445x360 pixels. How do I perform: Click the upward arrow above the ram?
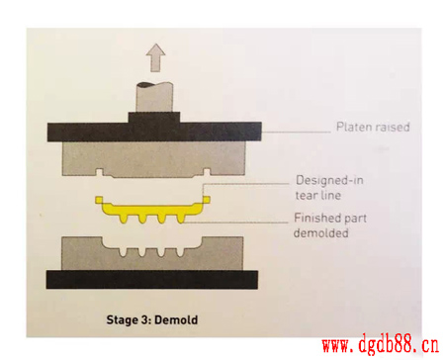click(x=155, y=57)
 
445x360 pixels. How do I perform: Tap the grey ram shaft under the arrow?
click(x=154, y=97)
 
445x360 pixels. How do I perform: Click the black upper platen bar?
click(x=154, y=132)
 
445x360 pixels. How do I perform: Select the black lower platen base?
click(x=152, y=280)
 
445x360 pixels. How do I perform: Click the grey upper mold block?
click(x=153, y=158)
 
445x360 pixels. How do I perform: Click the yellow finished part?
click(x=152, y=210)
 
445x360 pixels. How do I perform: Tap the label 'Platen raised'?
click(x=373, y=127)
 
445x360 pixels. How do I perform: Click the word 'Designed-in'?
click(x=329, y=180)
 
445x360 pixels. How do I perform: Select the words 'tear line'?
click(x=318, y=195)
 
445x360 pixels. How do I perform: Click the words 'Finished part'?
click(x=330, y=218)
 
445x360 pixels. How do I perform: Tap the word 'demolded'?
click(x=320, y=233)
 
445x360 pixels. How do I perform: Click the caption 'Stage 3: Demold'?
click(x=152, y=319)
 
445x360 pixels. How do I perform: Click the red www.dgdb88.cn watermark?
click(x=381, y=346)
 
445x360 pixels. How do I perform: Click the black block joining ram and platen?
click(x=154, y=118)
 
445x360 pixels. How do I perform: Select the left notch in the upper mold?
click(x=100, y=172)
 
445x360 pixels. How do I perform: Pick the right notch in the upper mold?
click(x=207, y=172)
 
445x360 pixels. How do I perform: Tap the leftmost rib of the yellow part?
click(x=125, y=219)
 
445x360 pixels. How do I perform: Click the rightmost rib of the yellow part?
click(x=181, y=219)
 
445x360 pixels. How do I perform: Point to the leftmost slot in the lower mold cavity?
click(x=123, y=252)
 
